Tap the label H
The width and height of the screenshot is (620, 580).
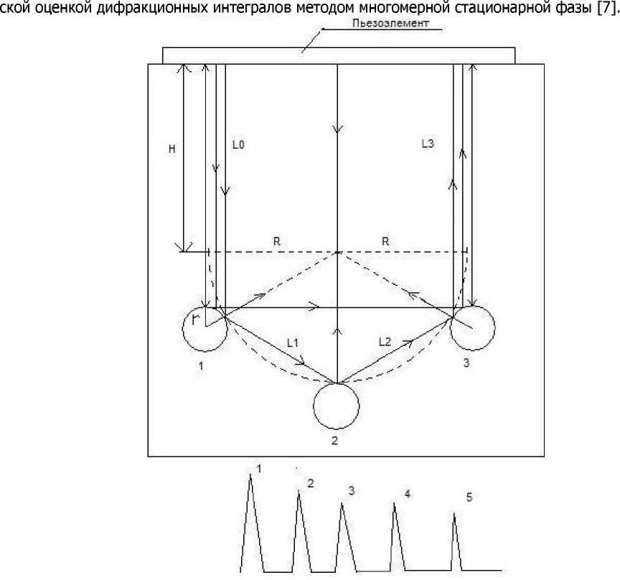pyautogui.click(x=171, y=149)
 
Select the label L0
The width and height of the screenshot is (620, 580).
pyautogui.click(x=239, y=144)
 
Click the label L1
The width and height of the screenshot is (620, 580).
pyautogui.click(x=292, y=343)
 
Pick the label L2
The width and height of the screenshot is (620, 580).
pyautogui.click(x=385, y=343)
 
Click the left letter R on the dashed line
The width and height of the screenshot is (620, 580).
pyautogui.click(x=276, y=242)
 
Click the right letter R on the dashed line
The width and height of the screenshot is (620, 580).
pyautogui.click(x=385, y=242)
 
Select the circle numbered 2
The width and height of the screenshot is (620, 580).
pyautogui.click(x=336, y=406)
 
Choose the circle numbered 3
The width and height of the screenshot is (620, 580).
pyautogui.click(x=472, y=327)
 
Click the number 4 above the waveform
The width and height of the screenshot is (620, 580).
pyautogui.click(x=408, y=495)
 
